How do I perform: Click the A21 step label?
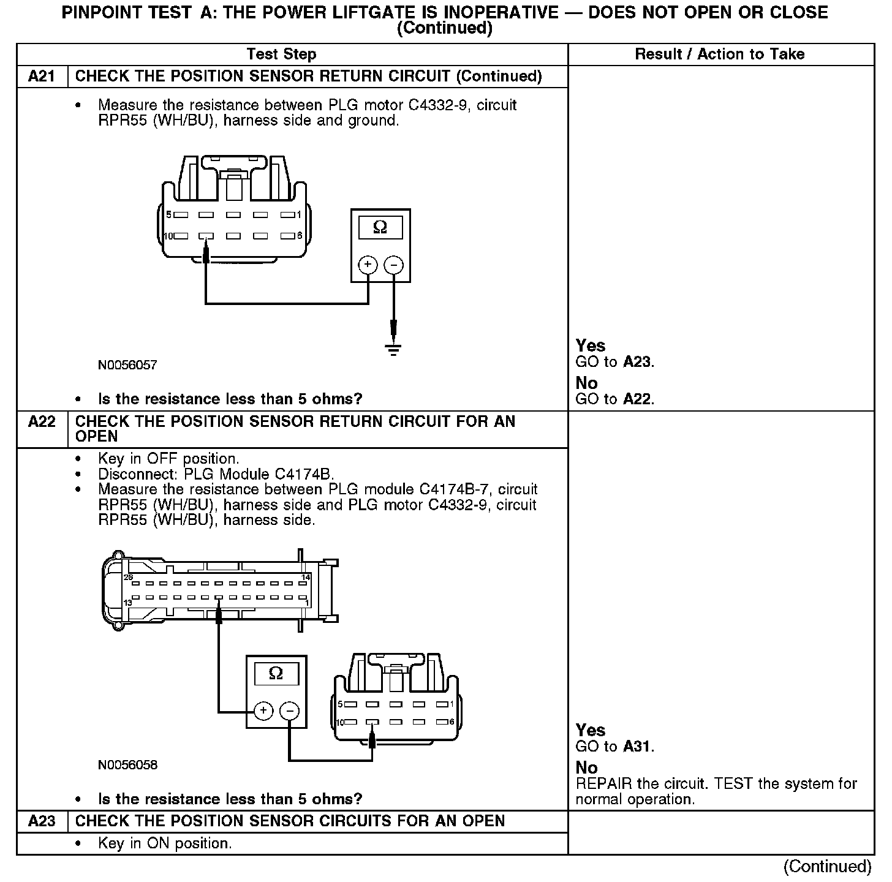[x=42, y=77]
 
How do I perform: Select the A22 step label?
[x=42, y=422]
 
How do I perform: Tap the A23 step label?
[x=42, y=821]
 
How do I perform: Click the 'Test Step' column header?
[x=281, y=55]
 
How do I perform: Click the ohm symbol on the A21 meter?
[x=380, y=228]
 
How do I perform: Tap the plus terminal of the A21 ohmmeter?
[x=368, y=265]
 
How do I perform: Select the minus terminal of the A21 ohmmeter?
[x=393, y=265]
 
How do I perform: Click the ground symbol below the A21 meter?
[x=393, y=350]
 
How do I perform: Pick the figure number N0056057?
[x=127, y=366]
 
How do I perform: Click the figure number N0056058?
[x=127, y=765]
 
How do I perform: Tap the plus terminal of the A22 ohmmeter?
[x=263, y=710]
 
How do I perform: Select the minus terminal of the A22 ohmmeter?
[x=289, y=710]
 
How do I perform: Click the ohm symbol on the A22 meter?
[x=276, y=674]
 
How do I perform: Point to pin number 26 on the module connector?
[x=129, y=578]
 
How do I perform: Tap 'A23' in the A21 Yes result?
[x=637, y=362]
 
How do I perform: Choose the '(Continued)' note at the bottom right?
[x=827, y=866]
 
